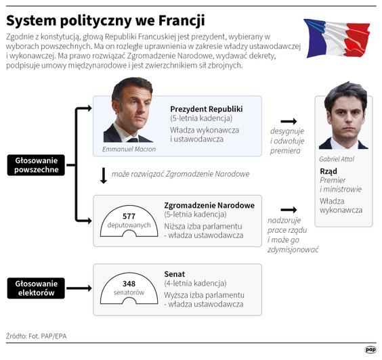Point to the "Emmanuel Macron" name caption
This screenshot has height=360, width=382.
(129, 149)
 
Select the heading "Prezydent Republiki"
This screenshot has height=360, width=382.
(206, 109)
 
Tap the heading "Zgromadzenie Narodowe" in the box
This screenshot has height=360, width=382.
(209, 205)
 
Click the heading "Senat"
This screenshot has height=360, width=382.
(174, 274)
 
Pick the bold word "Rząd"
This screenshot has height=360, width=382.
(328, 171)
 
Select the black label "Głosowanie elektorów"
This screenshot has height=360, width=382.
(36, 288)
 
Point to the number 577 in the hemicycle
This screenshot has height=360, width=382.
(129, 216)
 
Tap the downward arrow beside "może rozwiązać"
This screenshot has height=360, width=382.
(103, 175)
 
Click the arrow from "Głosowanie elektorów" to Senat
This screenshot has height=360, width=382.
(78, 288)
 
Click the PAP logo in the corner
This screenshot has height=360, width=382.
(370, 349)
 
